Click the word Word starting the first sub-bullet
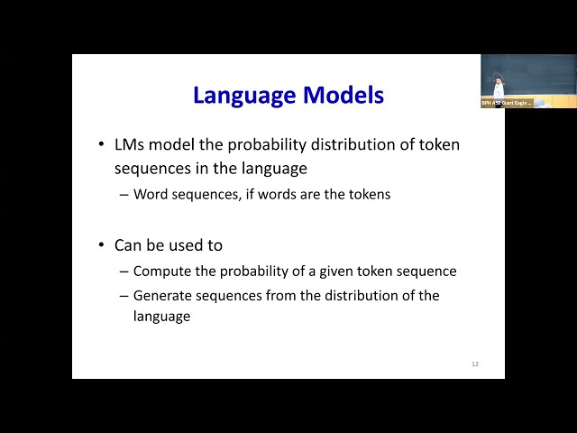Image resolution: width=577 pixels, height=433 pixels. [151, 194]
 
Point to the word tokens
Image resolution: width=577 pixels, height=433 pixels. [369, 194]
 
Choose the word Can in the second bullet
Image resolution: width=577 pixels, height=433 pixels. [128, 245]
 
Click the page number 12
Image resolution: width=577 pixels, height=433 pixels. [475, 364]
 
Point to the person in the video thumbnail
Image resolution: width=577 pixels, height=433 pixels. [498, 87]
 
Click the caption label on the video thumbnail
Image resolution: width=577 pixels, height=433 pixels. [507, 103]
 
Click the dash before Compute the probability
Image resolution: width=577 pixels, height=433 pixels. [124, 271]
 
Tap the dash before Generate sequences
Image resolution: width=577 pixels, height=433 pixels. [124, 295]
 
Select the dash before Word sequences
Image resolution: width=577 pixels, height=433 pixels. [124, 194]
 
